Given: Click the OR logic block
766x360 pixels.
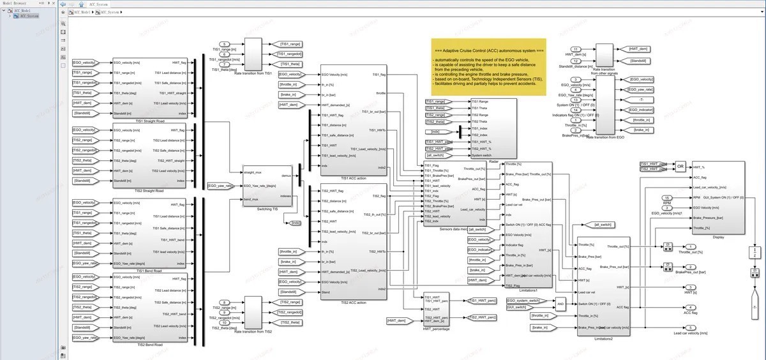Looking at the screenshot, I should point(680,166).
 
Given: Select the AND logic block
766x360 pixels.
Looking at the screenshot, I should point(560,304).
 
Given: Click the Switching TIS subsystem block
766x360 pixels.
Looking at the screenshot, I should point(267,185).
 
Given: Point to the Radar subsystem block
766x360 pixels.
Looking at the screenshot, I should point(492,128).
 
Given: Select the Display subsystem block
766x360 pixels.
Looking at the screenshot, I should point(718,198).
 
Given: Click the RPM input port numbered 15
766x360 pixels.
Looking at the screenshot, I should point(666,198).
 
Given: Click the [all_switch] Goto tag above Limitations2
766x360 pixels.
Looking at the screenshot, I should point(605,225).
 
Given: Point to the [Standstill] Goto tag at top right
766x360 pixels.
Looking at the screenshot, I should point(641,61).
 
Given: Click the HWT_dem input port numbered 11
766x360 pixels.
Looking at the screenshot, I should point(576,49).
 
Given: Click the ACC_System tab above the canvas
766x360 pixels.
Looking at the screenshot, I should point(98,4).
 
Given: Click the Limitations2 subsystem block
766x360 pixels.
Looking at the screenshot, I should point(603,286).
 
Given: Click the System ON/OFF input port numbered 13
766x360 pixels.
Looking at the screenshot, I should point(576,100).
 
